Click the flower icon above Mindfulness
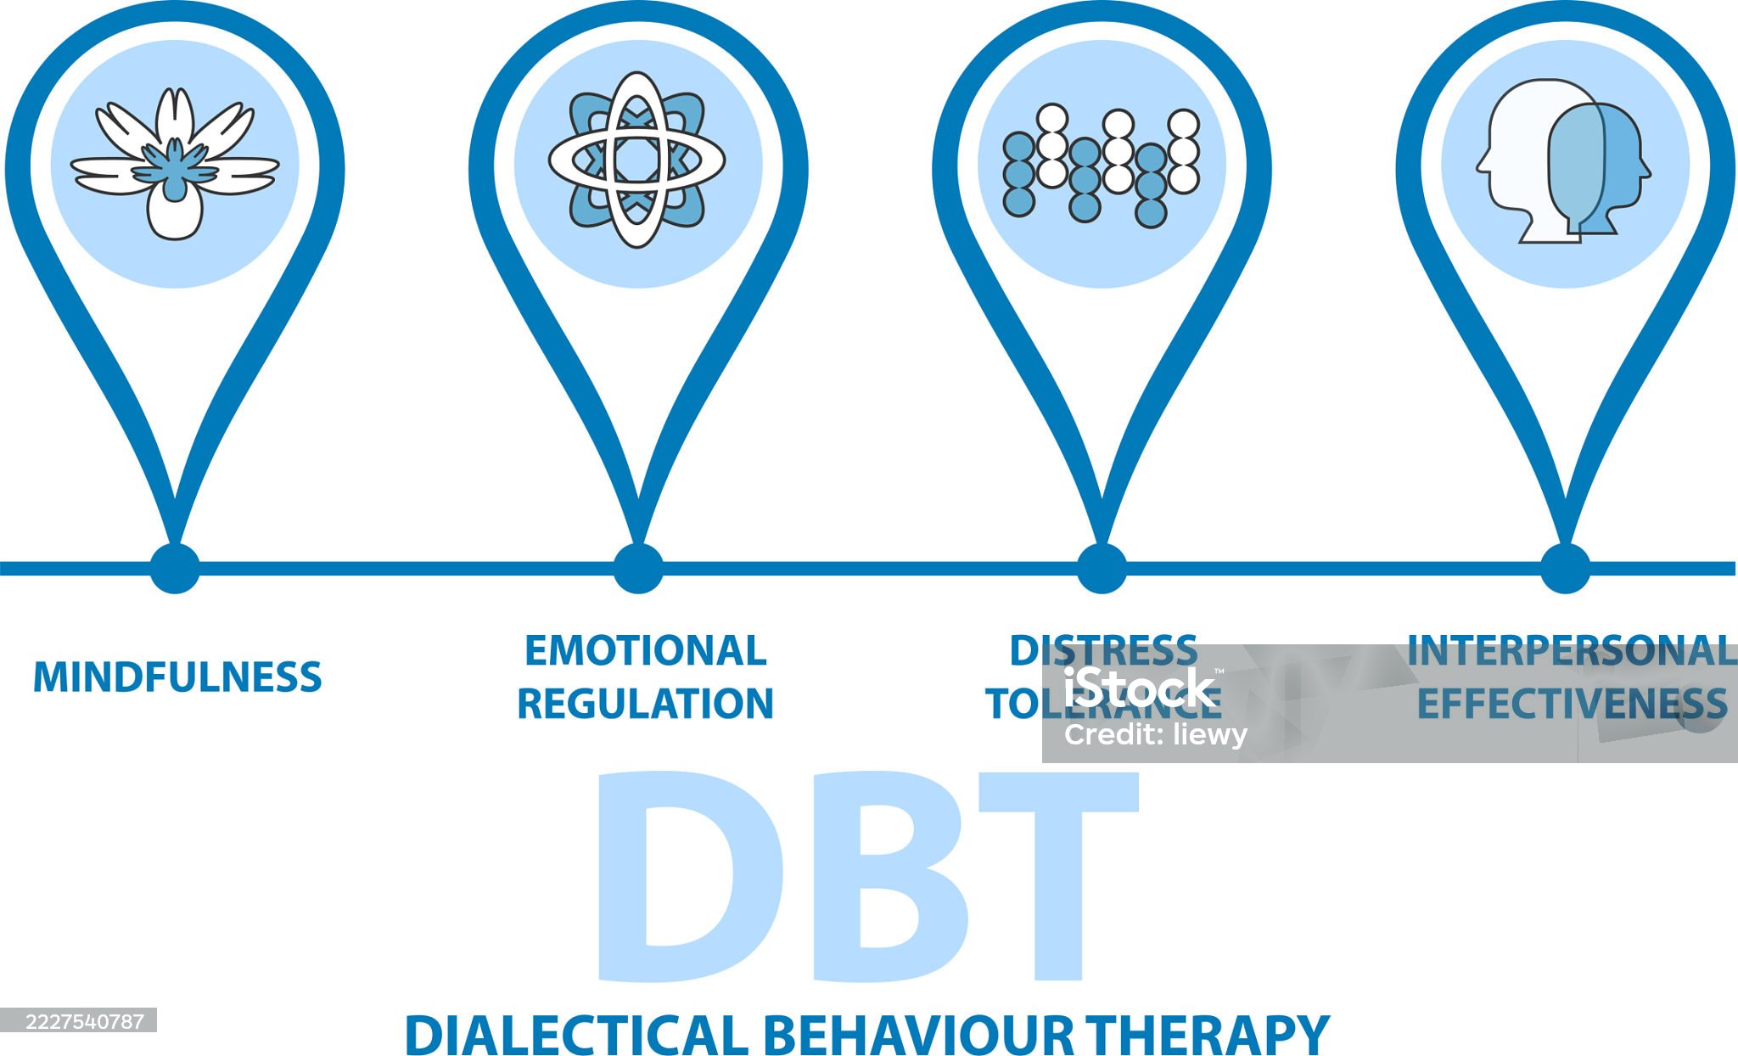tap(175, 164)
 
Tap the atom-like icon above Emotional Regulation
tap(637, 160)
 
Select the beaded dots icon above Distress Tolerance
tap(1102, 166)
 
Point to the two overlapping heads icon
tap(1564, 161)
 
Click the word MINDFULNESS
tap(177, 677)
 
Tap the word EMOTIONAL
tap(645, 651)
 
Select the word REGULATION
tap(645, 704)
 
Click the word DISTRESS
tap(1102, 651)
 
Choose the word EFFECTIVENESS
tap(1572, 704)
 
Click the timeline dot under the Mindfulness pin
tap(175, 568)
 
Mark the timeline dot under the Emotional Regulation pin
tap(638, 568)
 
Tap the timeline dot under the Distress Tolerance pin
tap(1102, 568)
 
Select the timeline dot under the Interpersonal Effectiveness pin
tap(1565, 568)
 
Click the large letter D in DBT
tap(670, 874)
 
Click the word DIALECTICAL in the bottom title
tap(575, 1035)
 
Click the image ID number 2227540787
tap(78, 1021)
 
